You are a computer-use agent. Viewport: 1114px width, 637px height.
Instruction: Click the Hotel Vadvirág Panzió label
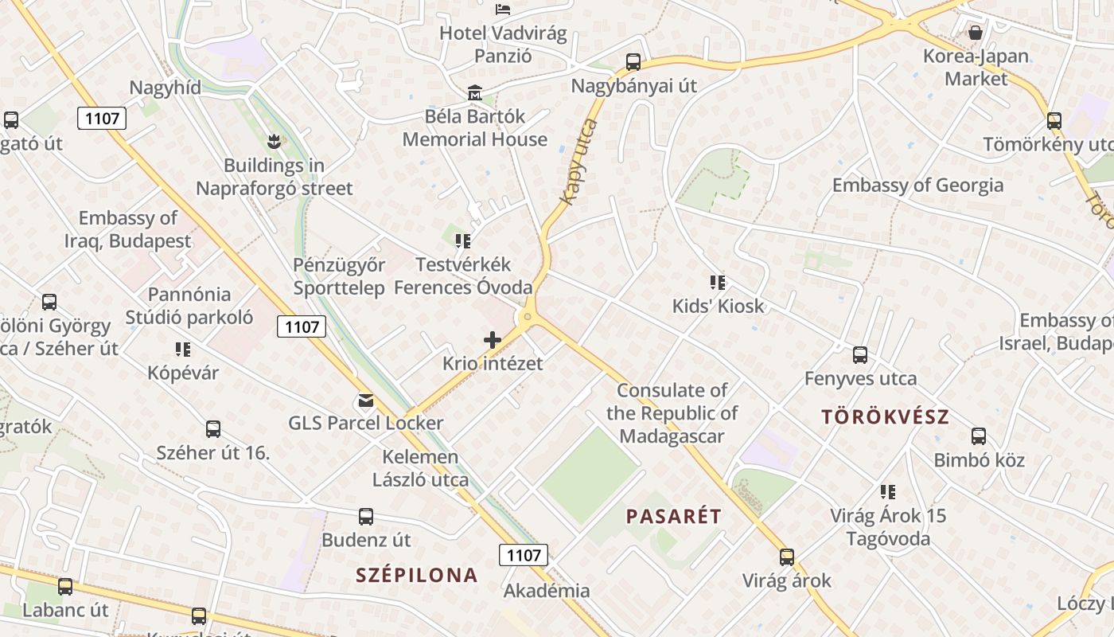(503, 45)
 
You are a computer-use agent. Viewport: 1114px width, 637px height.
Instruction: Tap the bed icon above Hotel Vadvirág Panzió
(503, 10)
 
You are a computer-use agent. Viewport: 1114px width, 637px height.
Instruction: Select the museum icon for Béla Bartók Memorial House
(475, 93)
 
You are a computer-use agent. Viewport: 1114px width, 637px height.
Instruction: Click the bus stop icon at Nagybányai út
(633, 62)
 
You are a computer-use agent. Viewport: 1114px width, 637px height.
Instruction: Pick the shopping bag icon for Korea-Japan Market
(975, 33)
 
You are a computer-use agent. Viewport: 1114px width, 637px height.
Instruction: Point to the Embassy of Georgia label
(917, 186)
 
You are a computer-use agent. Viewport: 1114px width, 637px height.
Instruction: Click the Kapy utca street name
(578, 162)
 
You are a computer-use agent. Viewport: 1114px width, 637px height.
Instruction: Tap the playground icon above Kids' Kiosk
(718, 283)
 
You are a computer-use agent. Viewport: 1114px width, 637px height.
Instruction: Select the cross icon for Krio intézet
(493, 340)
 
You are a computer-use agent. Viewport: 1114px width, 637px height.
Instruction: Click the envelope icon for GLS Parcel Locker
(365, 400)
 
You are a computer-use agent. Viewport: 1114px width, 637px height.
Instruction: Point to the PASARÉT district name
(673, 516)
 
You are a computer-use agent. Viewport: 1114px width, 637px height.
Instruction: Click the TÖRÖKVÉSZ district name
(885, 416)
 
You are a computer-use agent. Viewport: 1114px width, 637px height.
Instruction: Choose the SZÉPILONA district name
(416, 575)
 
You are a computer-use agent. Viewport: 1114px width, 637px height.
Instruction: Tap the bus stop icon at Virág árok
(787, 557)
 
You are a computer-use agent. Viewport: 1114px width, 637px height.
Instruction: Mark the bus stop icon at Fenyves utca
(860, 355)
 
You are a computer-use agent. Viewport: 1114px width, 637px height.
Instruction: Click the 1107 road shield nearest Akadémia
(524, 555)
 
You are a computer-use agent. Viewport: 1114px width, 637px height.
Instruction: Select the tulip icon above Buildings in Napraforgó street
(275, 143)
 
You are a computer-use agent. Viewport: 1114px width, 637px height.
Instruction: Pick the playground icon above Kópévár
(183, 350)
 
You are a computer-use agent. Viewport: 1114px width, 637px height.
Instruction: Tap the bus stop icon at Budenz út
(366, 517)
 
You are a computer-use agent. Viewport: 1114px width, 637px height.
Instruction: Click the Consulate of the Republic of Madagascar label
(672, 413)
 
